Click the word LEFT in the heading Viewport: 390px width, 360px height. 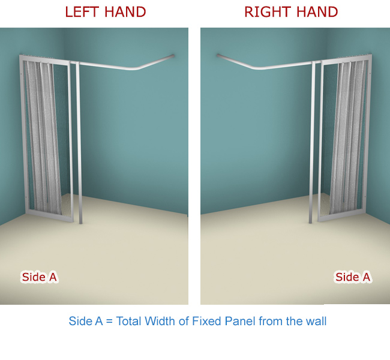(82, 12)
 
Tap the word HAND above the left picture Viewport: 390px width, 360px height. (125, 12)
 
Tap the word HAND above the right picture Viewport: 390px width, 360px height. (317, 12)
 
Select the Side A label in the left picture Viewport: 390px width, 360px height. (39, 277)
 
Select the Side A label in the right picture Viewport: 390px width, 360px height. (353, 277)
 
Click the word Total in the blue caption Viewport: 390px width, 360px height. (128, 321)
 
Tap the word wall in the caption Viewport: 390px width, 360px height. (316, 321)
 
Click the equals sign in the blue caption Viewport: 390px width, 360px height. (109, 321)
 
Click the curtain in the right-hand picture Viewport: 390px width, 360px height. (348, 137)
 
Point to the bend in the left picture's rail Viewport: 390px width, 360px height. (135, 68)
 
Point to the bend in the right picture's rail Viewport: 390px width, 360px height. (256, 67)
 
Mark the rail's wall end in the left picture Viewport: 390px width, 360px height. (173, 56)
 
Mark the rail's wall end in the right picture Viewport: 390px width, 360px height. (218, 55)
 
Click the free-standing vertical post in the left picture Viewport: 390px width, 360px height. (79, 143)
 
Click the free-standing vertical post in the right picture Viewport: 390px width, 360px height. (312, 142)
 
